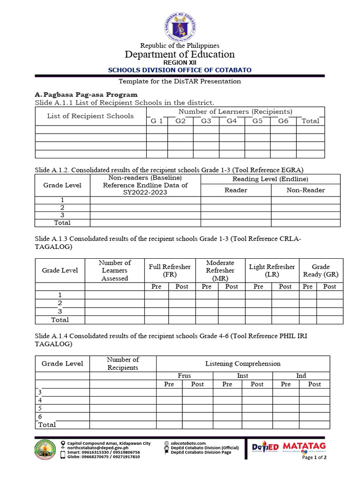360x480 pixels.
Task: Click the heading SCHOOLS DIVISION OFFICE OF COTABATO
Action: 180,70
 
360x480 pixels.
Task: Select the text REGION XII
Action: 180,62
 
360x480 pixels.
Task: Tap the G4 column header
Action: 232,121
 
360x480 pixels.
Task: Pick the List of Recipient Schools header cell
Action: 90,116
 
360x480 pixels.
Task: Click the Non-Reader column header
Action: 306,190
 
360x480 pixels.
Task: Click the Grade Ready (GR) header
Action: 321,270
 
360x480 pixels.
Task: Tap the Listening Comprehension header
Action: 243,363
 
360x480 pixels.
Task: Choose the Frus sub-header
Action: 184,375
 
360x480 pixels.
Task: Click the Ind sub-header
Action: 301,375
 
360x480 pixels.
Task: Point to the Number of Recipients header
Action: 123,363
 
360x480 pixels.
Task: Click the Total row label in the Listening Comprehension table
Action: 47,425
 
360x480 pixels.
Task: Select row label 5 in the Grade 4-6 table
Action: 40,408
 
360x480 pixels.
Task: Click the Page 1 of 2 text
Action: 314,457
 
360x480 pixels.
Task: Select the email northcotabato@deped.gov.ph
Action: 97,448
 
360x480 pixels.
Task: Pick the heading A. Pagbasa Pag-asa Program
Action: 86,95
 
